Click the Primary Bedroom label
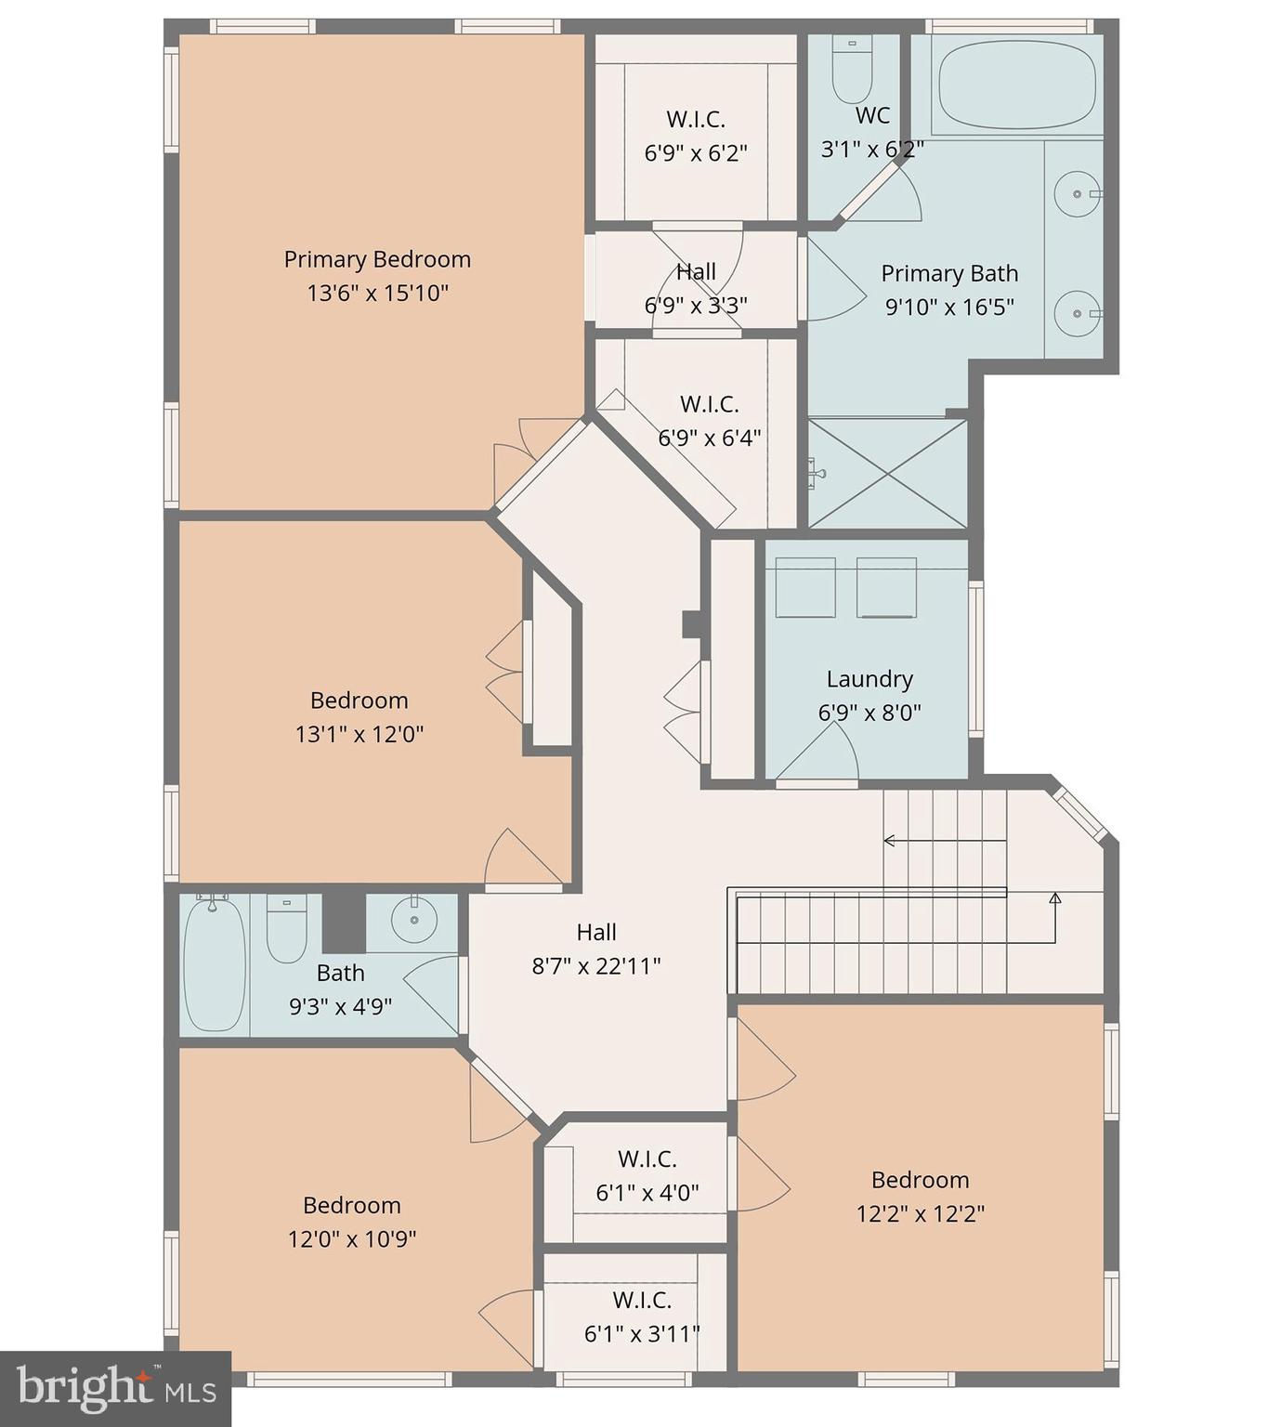click(x=377, y=259)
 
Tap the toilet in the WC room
click(x=852, y=69)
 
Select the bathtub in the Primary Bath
click(x=1016, y=84)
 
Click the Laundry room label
click(x=869, y=678)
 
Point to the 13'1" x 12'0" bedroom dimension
click(x=359, y=734)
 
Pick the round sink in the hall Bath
click(x=414, y=919)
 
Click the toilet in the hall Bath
click(x=286, y=928)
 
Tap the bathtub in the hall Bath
click(x=215, y=962)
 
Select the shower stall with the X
click(x=887, y=473)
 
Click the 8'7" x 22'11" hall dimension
click(x=596, y=965)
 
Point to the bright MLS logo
click(x=116, y=1389)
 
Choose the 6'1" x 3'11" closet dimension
click(x=642, y=1334)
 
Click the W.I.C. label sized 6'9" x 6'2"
click(x=696, y=119)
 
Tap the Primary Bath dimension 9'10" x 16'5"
click(x=948, y=307)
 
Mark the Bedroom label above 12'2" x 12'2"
click(x=920, y=1179)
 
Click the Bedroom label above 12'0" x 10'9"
click(x=351, y=1204)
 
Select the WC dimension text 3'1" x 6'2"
click(x=872, y=149)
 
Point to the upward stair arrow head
click(x=1054, y=898)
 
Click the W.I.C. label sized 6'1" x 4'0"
click(x=647, y=1158)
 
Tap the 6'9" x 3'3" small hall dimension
click(x=696, y=305)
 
